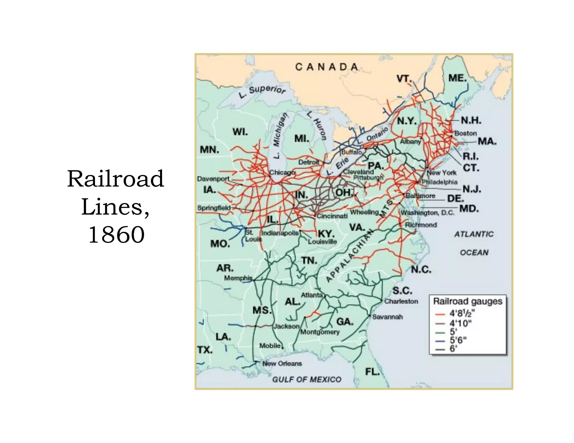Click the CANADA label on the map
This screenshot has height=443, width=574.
coord(327,67)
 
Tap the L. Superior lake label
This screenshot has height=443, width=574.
coord(262,91)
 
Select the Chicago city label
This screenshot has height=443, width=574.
coord(282,172)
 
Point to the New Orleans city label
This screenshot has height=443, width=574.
coord(282,363)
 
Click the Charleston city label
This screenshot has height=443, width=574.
coord(401,301)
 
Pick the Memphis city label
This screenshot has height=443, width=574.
coord(238,278)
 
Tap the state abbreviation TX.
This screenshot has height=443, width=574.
coord(205,350)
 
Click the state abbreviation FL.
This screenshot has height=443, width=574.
coord(372,372)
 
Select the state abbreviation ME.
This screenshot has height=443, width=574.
coord(457,78)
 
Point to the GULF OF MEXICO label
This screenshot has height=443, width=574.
coord(307,379)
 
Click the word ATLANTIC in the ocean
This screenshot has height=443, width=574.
coord(474,234)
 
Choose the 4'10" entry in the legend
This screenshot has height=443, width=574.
coord(460,323)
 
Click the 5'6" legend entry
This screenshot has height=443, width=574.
coord(458,340)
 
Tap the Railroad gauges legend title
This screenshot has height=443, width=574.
coord(467,301)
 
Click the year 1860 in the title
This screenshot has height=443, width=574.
coord(116,234)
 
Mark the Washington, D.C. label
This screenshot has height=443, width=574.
coord(427,213)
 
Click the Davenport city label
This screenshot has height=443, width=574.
coord(213,179)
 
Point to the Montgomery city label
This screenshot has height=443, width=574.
coord(320,332)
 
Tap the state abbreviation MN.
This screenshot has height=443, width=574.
coord(209,150)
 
